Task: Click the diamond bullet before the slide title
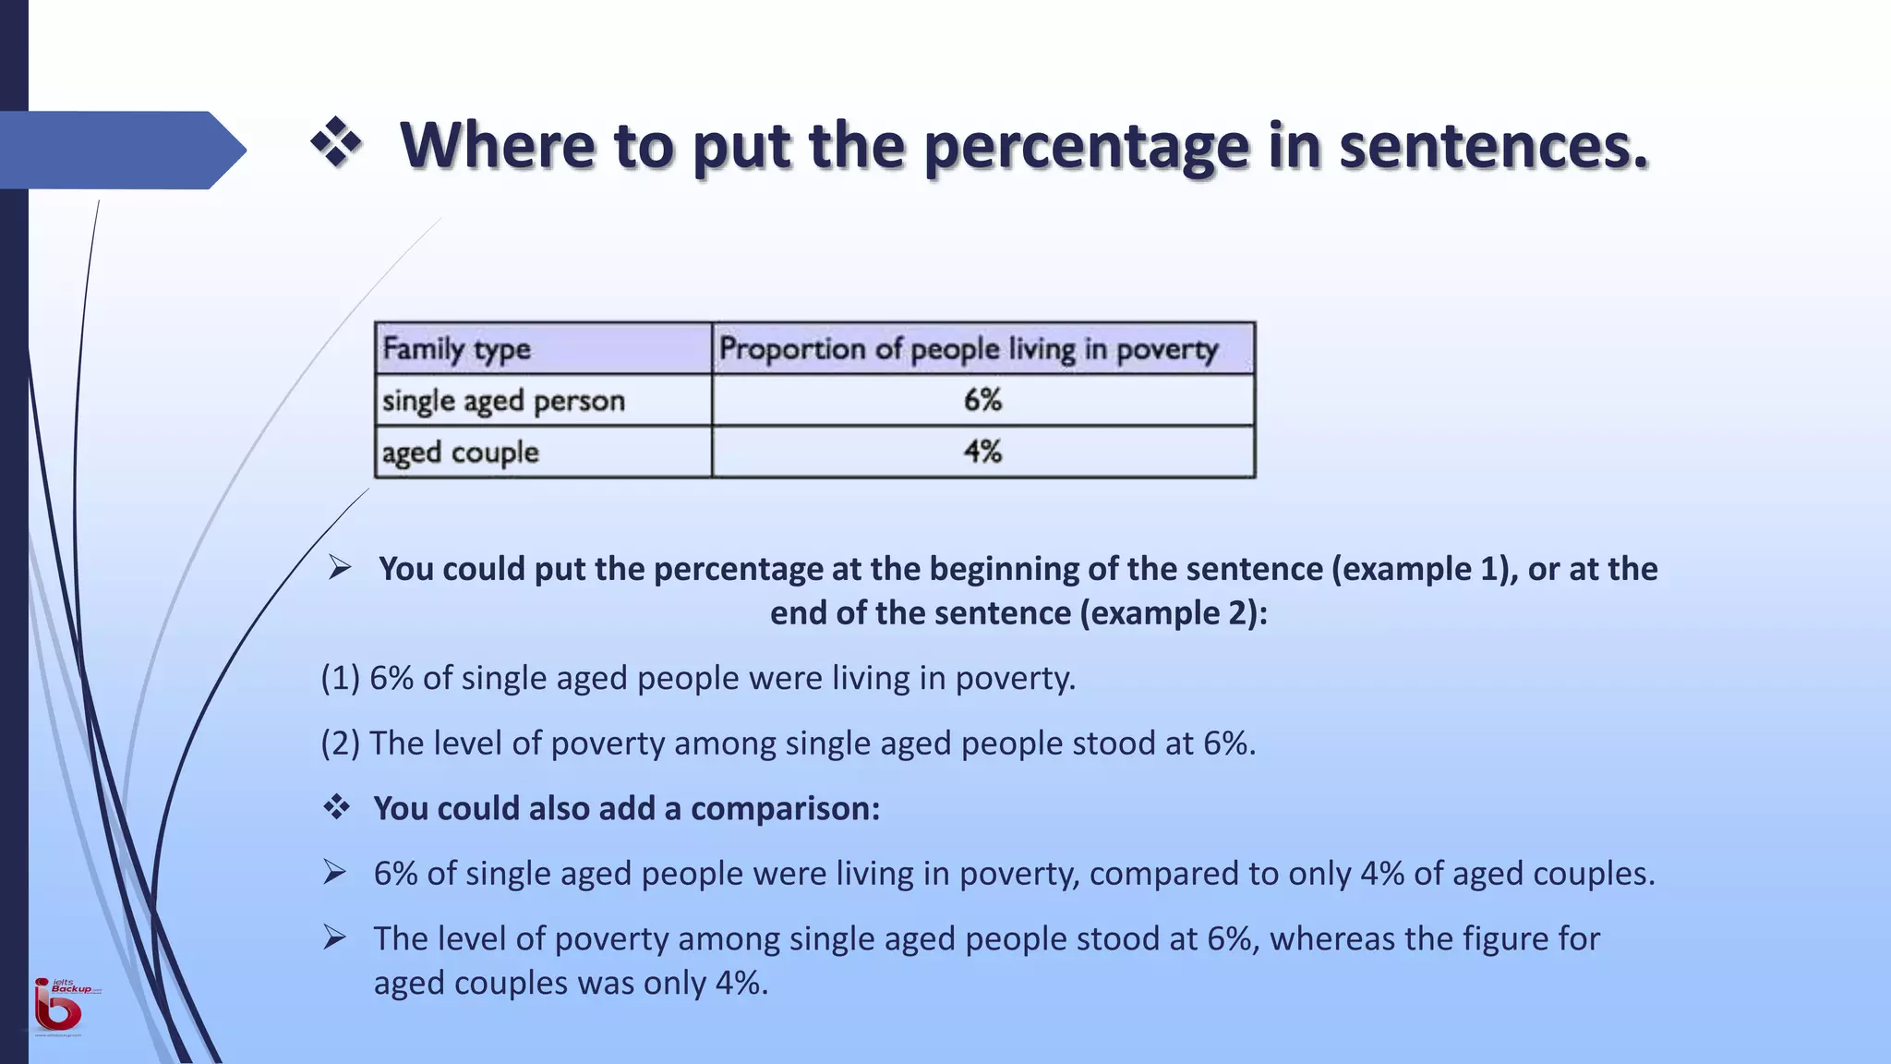[336, 143]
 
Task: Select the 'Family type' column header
[456, 349]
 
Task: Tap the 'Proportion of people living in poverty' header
[969, 349]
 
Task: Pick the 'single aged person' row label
[503, 401]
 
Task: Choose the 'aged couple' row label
[460, 453]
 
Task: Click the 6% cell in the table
[982, 400]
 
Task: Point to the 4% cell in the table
[982, 452]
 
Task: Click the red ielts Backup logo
[59, 1007]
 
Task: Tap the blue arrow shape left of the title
[120, 150]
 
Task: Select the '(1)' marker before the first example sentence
[340, 678]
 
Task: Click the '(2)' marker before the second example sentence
[340, 744]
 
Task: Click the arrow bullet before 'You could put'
[340, 567]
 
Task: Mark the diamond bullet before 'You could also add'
[337, 807]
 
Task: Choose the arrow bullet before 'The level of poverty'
[334, 938]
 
